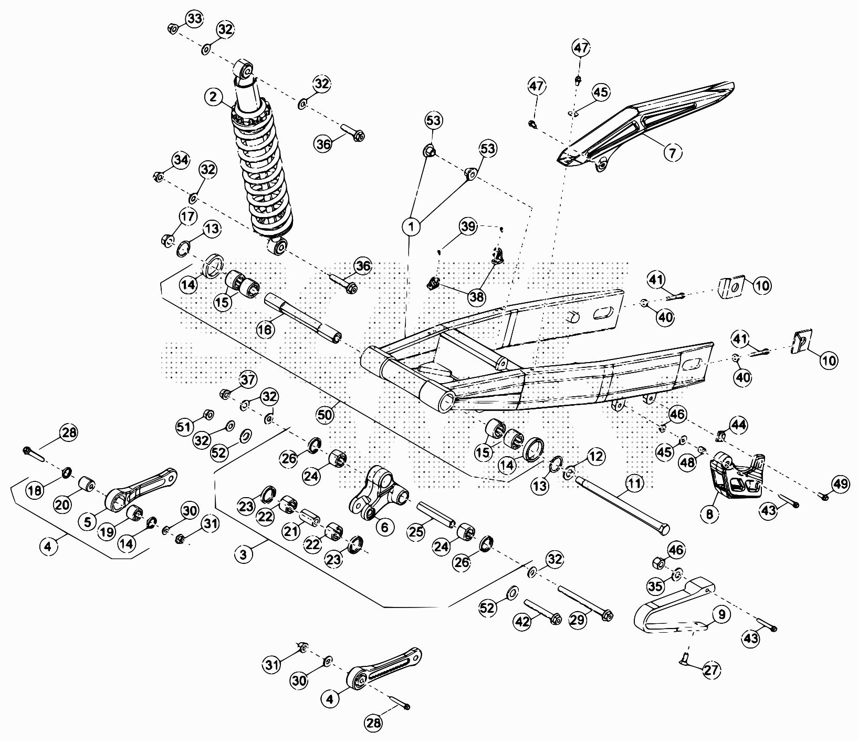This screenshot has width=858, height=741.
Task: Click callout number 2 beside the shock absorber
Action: point(213,97)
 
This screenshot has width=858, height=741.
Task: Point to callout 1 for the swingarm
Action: point(412,227)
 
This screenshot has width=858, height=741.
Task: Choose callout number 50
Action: point(325,415)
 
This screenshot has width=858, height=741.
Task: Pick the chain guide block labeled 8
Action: point(735,479)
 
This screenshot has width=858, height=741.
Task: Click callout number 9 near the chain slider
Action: point(721,614)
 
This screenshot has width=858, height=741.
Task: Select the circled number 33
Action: point(194,19)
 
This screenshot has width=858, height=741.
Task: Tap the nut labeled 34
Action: point(157,176)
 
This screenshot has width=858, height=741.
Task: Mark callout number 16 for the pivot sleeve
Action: point(266,330)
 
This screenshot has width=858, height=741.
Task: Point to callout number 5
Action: point(87,522)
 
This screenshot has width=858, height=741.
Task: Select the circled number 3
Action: point(243,554)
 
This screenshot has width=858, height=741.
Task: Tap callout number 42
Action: point(522,622)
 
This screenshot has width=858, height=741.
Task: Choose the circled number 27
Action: point(712,670)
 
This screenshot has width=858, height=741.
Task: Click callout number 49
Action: point(841,484)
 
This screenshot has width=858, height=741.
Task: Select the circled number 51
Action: point(184,427)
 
